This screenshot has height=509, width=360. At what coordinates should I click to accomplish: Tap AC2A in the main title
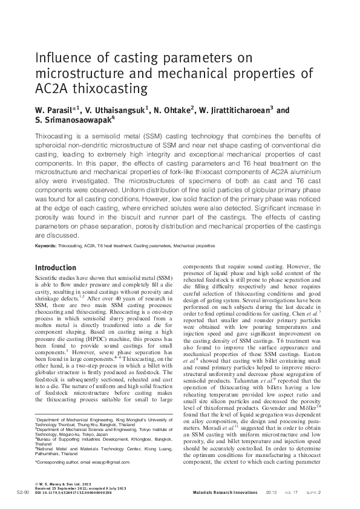[x=52, y=89]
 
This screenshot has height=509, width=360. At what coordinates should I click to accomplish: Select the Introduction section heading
[x=56, y=267]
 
